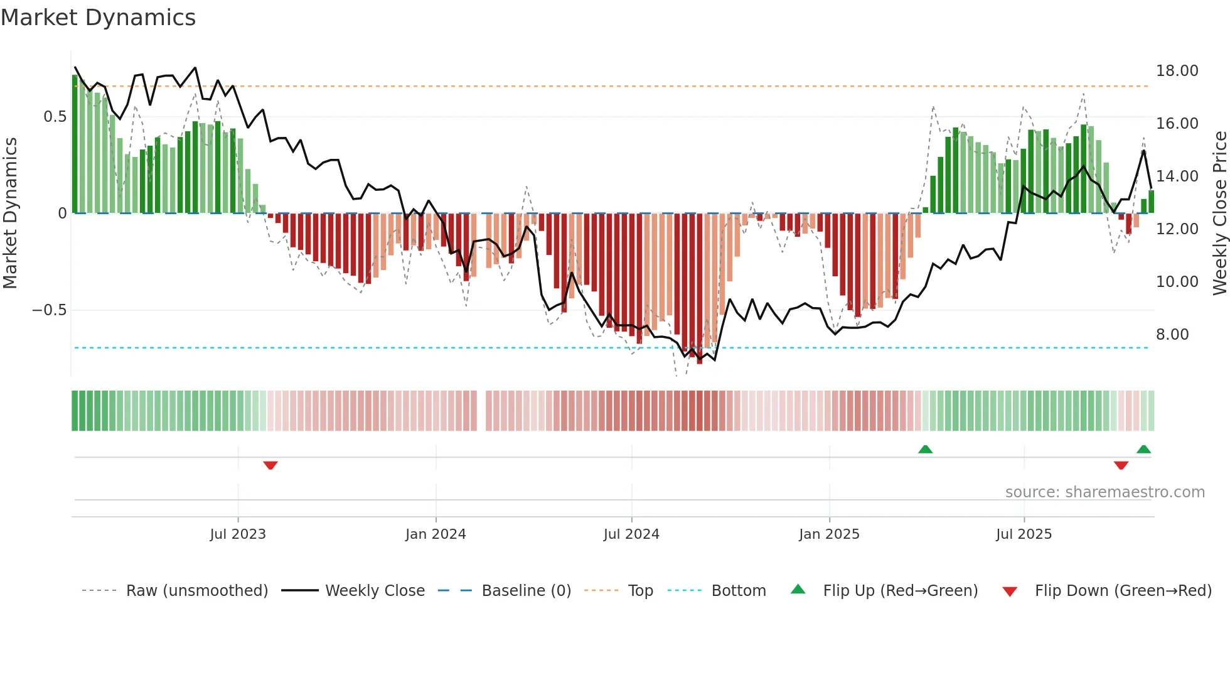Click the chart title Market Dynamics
[x=98, y=18]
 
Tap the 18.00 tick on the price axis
[x=1177, y=71]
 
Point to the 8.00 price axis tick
[x=1172, y=335]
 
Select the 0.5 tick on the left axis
[x=55, y=117]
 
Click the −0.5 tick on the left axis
[x=49, y=310]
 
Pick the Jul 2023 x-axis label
[x=238, y=534]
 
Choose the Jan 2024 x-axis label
[x=436, y=534]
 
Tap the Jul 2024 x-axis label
[x=631, y=534]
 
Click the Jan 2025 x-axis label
[x=829, y=534]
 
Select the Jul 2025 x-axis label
[x=1024, y=534]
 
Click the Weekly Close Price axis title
[x=1219, y=214]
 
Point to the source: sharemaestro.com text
[x=1104, y=492]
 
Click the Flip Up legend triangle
[x=798, y=590]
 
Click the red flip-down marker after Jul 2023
[x=270, y=465]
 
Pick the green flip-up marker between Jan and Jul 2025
[x=925, y=449]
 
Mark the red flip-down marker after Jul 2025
[x=1121, y=465]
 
